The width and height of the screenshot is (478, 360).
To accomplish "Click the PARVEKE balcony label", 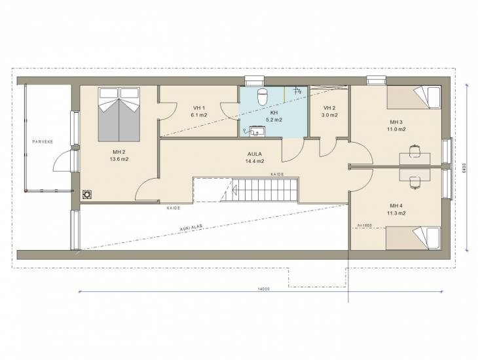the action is (x=43, y=142).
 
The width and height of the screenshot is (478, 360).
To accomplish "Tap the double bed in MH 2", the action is (x=119, y=115).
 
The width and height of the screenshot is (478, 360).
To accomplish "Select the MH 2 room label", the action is (x=119, y=152).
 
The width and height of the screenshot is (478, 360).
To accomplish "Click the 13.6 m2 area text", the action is (x=119, y=159).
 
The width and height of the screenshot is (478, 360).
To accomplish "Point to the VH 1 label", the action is (x=199, y=108).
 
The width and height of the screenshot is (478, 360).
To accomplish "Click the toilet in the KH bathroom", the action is (x=262, y=96).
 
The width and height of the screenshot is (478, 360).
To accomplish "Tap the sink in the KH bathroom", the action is (x=257, y=132).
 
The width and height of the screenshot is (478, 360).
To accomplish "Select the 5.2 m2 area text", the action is (x=274, y=120).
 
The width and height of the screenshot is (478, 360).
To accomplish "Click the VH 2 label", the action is (x=329, y=108).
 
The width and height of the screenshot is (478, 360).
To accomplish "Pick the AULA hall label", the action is (x=255, y=154).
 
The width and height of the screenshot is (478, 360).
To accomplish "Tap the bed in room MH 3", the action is (x=414, y=98).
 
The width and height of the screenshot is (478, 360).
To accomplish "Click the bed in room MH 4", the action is (x=413, y=238).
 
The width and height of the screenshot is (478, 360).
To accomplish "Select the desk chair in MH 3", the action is (x=415, y=151).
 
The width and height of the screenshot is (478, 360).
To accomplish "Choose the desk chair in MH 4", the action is (x=415, y=183).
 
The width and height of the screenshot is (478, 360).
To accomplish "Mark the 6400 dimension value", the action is (x=464, y=168).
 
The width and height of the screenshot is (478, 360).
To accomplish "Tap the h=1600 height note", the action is (x=365, y=225).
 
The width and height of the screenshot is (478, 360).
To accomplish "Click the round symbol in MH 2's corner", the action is (x=87, y=194).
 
